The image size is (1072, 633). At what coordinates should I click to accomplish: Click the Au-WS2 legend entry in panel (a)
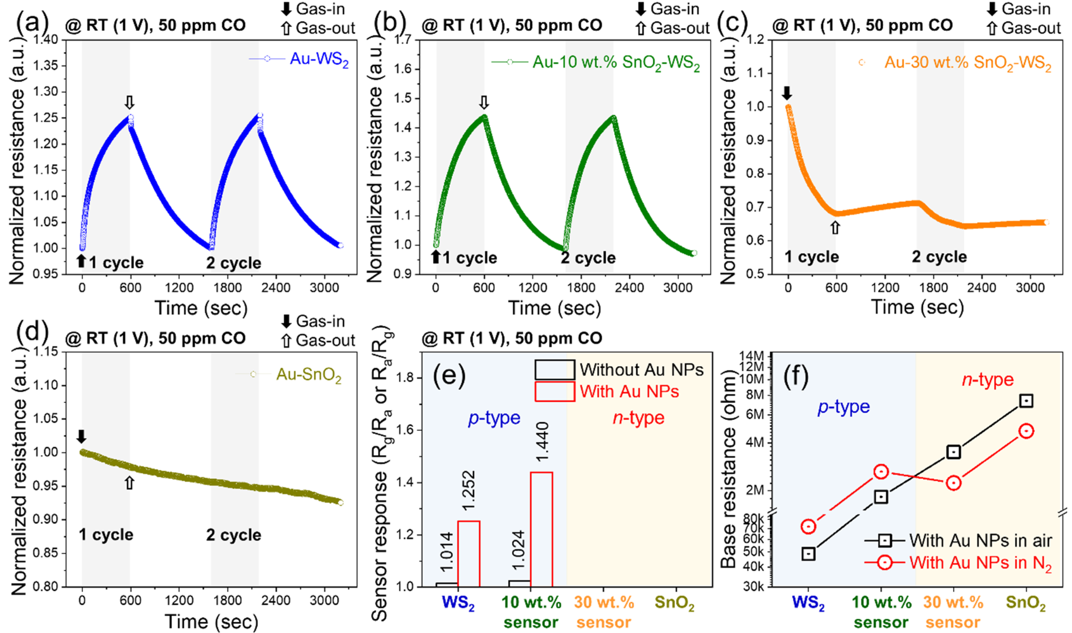pyautogui.click(x=319, y=59)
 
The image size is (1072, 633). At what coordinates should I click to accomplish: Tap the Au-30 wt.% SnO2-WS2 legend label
pyautogui.click(x=968, y=63)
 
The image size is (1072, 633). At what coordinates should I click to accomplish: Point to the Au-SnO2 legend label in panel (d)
pyautogui.click(x=309, y=375)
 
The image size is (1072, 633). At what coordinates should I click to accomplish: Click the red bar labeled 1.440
pyautogui.click(x=541, y=529)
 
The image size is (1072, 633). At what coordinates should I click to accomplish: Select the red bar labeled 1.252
pyautogui.click(x=469, y=553)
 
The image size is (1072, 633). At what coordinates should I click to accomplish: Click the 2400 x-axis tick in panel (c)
pyautogui.click(x=981, y=287)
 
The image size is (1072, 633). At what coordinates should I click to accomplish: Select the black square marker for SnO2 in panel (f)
pyautogui.click(x=1026, y=401)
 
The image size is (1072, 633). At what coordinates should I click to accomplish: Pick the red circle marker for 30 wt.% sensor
pyautogui.click(x=953, y=483)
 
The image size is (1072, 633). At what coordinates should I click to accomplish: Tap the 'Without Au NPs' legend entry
pyautogui.click(x=641, y=369)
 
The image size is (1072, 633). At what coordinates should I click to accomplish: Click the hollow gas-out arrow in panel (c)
pyautogui.click(x=835, y=228)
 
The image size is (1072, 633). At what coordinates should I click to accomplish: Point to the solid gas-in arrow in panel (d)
pyautogui.click(x=81, y=436)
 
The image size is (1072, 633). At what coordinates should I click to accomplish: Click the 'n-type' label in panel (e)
pyautogui.click(x=639, y=418)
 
